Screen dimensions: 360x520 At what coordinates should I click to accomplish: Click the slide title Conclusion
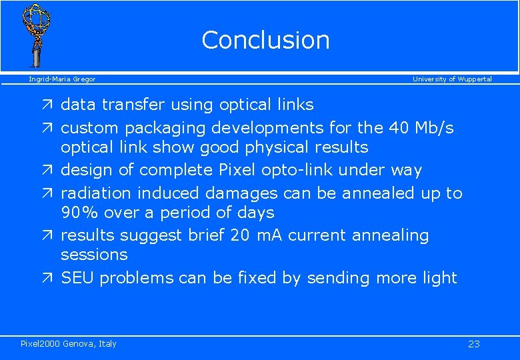tap(265, 40)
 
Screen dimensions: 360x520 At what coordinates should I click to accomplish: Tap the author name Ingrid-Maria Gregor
tap(62, 79)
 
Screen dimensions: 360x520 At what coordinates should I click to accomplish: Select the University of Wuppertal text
tap(452, 79)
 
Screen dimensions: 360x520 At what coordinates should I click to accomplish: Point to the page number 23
tap(474, 344)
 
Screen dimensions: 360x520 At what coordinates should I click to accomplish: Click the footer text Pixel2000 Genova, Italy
tap(69, 344)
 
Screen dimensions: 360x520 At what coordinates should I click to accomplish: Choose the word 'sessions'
tap(93, 255)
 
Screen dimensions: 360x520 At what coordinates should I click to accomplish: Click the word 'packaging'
tap(166, 128)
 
